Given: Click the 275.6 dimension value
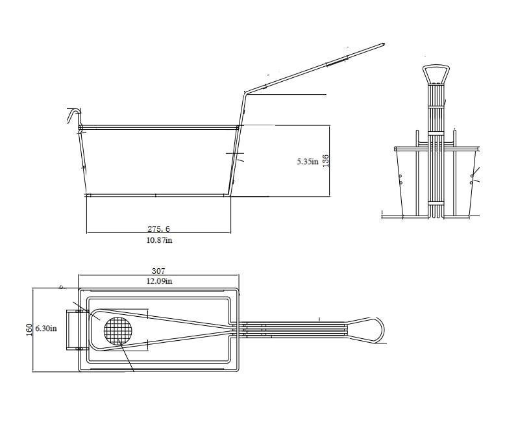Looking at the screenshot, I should coord(158,229).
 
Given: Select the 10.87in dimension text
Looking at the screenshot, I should coord(158,240).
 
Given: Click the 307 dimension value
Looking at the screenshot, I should coord(158,271).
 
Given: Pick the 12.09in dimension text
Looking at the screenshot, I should coord(158,281).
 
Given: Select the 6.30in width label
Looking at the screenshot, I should coord(46,329).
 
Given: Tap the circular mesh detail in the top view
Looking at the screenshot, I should coord(117,332).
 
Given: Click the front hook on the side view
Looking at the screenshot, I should coord(72,116).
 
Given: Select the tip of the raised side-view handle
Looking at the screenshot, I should coord(384,44).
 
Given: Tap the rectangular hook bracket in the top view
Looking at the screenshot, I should coord(73,329).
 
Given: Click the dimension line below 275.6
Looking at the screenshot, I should coord(158,233).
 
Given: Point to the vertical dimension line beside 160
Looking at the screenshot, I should coord(33,329).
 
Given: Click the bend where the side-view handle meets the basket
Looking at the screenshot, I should coord(243,93).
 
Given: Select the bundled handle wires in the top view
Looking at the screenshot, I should coord(292,329).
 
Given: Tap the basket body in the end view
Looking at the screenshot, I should coord(436,182).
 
